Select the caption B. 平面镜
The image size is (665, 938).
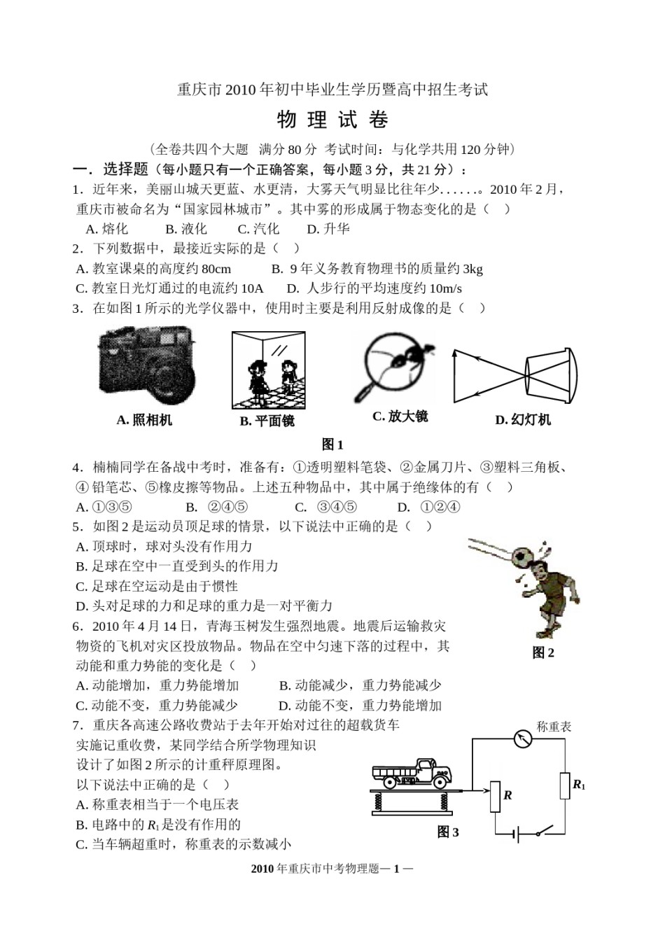267,421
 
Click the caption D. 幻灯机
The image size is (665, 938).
523,419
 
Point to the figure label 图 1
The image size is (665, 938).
332,444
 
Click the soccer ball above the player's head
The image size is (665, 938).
521,555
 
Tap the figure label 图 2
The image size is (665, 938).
543,652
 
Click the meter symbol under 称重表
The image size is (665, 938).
523,738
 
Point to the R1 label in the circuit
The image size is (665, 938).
579,785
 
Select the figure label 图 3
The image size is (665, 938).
448,832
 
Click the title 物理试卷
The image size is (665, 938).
332,120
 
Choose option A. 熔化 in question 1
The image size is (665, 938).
107,229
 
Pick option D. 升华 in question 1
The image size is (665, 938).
328,229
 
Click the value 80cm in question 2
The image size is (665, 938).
216,269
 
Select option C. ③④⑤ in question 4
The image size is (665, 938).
325,507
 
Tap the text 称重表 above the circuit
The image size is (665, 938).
554,727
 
